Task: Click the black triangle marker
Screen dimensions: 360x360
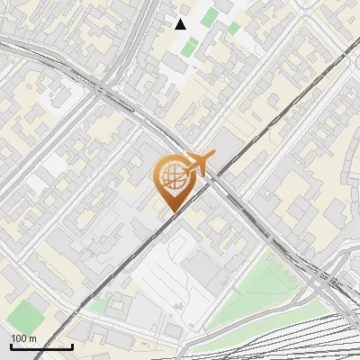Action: click(181, 23)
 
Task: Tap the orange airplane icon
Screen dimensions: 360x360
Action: click(198, 165)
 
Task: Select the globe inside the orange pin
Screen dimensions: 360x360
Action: click(171, 175)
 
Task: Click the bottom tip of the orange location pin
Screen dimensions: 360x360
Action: click(171, 211)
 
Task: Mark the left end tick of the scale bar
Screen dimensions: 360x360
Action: click(11, 346)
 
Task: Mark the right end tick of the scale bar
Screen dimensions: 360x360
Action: click(72, 346)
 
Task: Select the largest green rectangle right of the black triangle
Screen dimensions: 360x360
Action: click(209, 17)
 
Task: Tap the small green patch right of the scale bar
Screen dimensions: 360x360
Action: click(96, 306)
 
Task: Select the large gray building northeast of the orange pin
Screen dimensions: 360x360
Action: click(232, 144)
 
